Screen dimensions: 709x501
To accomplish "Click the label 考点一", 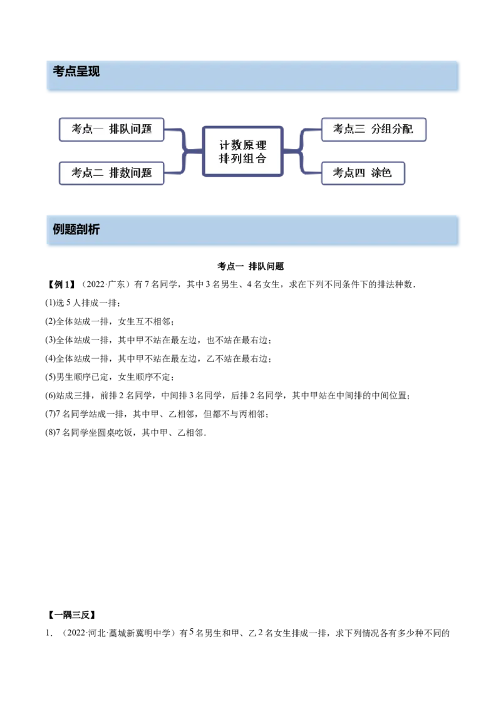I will coord(87,130).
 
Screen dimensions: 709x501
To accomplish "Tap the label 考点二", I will coord(87,173).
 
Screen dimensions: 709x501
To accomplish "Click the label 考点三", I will coord(348,130).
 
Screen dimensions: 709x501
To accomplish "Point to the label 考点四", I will coord(348,173).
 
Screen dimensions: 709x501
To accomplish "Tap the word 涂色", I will coord(381,173).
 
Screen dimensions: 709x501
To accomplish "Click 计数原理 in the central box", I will coord(243,145).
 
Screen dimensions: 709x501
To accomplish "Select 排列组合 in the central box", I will coord(243,158).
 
